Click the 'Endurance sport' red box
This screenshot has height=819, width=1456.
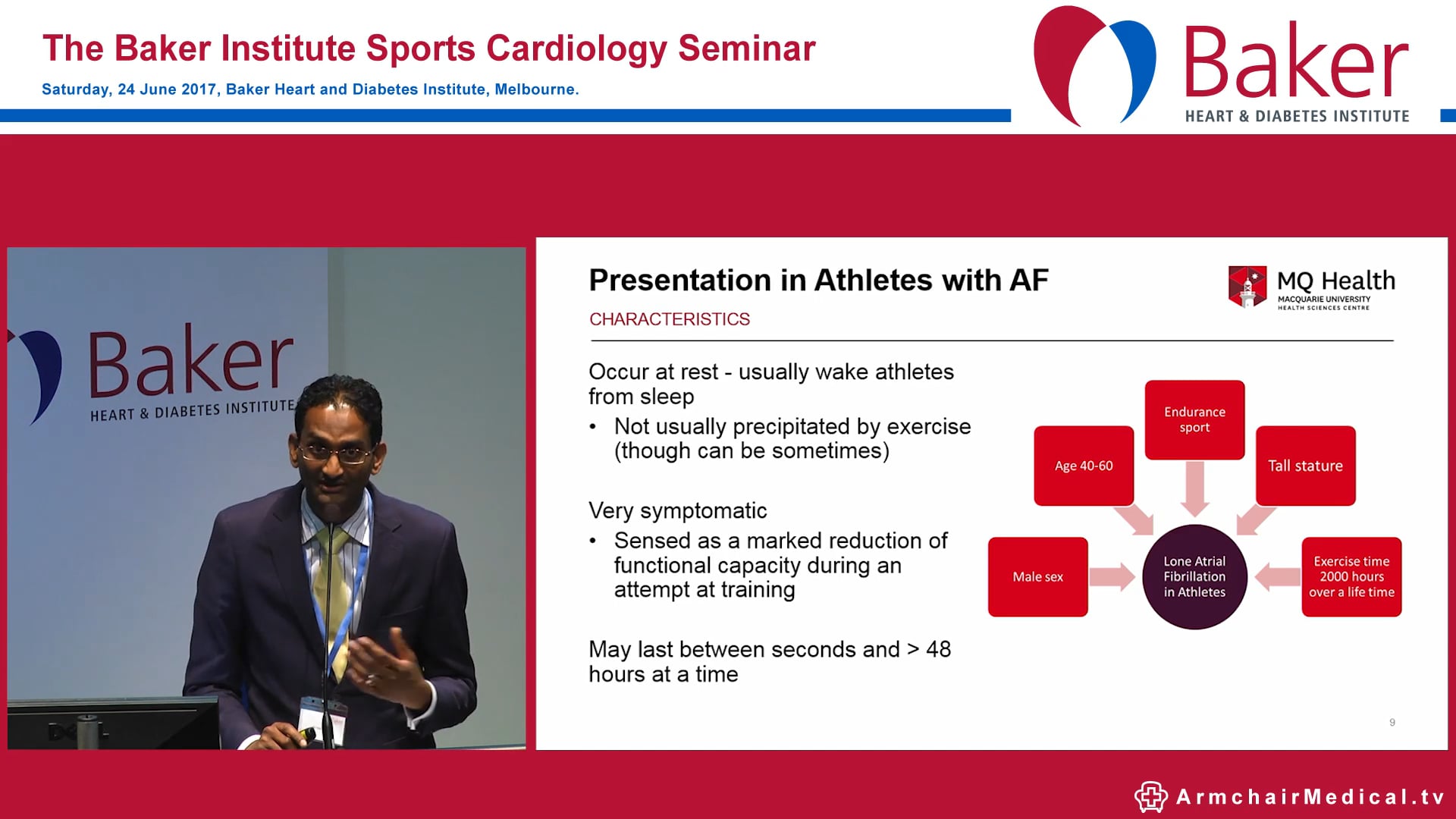coord(1194,419)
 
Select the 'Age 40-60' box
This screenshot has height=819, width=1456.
coord(1084,466)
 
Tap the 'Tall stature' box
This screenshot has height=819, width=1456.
coord(1305,466)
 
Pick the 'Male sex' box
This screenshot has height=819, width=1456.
coord(1037,577)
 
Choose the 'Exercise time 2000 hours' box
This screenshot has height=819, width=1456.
coord(1351,577)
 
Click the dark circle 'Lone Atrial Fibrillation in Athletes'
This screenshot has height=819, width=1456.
coord(1194,577)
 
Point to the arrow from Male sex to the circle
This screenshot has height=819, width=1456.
coord(1112,577)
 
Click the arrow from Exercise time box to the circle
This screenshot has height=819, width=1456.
coord(1278,577)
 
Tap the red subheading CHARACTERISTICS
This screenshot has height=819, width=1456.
coord(669,319)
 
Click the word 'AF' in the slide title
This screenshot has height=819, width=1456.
coord(1028,281)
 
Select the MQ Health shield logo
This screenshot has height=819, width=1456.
coord(1247,287)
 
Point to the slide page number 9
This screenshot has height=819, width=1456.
coord(1392,723)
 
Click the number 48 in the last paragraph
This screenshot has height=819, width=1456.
coord(938,649)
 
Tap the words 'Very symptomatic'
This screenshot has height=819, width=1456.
coord(677,510)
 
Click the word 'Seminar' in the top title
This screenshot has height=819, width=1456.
coord(746,49)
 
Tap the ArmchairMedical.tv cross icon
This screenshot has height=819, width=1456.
coord(1150,796)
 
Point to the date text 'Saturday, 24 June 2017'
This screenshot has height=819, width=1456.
coord(129,89)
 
